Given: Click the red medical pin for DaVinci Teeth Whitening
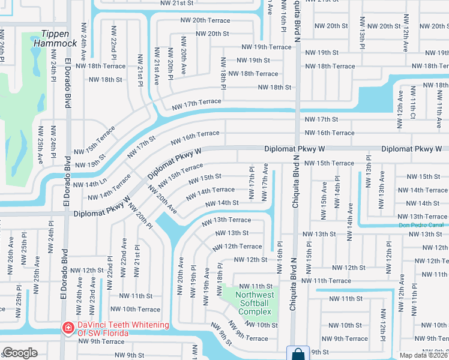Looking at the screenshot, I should (69, 328).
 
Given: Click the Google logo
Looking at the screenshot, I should (20, 353).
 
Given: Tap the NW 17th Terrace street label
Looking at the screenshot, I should (196, 105).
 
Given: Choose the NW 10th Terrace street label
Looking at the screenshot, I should (139, 310).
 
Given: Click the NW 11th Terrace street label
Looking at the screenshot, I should (326, 281).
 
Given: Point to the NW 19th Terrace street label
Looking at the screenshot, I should (266, 47).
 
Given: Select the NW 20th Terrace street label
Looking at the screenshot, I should (205, 20).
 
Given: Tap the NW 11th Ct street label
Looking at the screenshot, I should (413, 106).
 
